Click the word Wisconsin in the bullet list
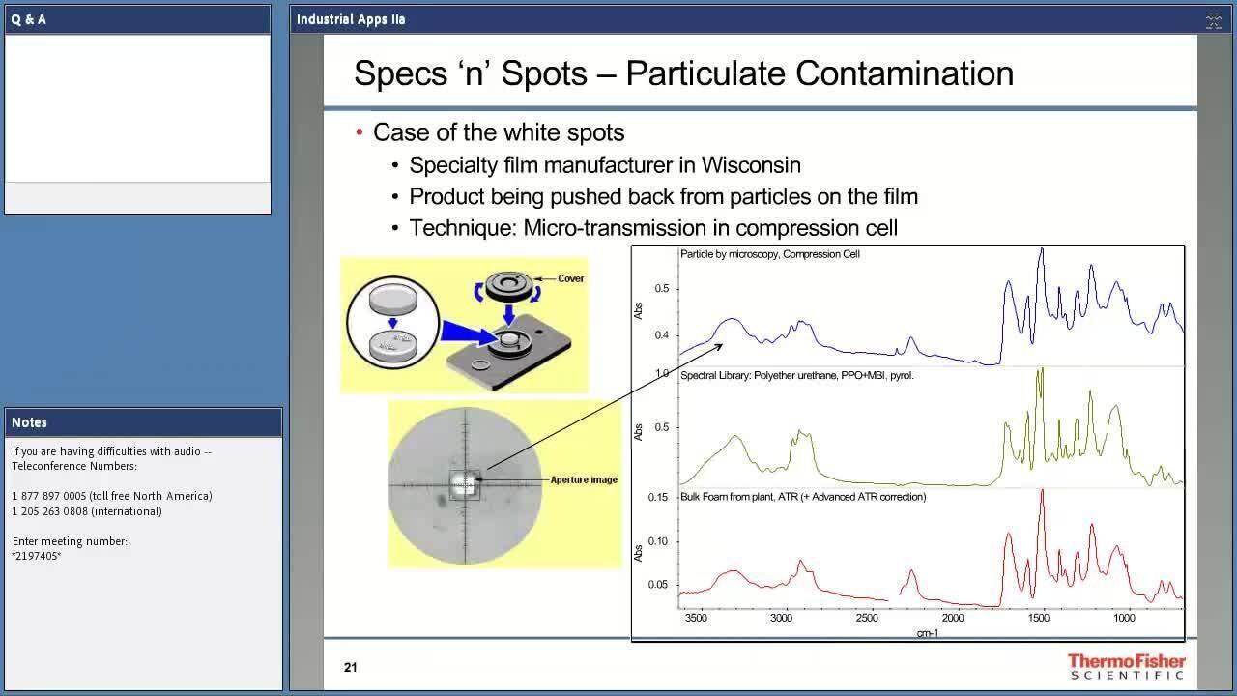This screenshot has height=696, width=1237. click(751, 165)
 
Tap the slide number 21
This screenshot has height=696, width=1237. click(350, 667)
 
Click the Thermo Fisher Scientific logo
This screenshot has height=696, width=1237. click(1127, 666)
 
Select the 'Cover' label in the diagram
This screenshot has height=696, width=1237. click(570, 278)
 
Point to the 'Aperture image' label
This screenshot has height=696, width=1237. click(584, 479)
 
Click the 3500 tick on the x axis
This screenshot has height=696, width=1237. click(696, 618)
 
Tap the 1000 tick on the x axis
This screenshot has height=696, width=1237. click(1124, 618)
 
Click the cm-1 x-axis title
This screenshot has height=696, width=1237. click(928, 633)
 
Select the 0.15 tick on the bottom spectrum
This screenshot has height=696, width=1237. click(658, 497)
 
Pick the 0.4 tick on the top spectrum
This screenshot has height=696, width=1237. click(662, 335)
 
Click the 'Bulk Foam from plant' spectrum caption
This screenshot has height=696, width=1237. click(803, 497)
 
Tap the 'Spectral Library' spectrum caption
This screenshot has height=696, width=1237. click(797, 376)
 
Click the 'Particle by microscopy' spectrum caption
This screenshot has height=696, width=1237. click(770, 254)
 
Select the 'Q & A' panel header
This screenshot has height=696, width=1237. click(28, 20)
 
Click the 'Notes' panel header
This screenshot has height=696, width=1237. click(29, 422)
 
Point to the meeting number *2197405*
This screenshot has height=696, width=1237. click(37, 556)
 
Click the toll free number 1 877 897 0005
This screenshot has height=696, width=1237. click(49, 496)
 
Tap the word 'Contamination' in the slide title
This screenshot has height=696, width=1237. click(904, 72)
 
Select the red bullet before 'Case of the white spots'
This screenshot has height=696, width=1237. click(360, 132)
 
